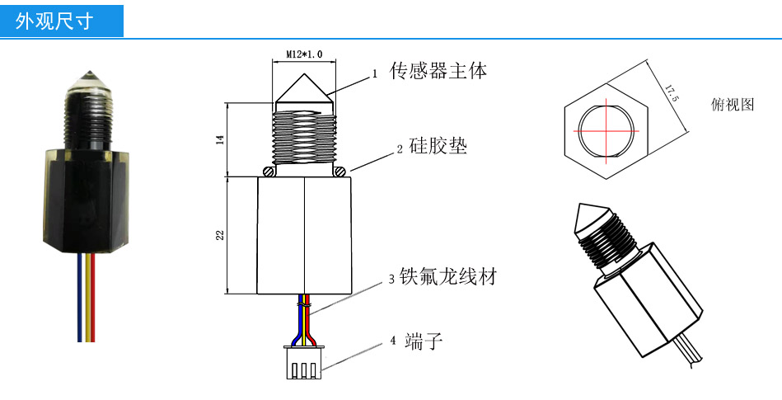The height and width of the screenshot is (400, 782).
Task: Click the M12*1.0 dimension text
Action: coord(303,54)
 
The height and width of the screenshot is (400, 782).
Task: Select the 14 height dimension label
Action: coord(220,139)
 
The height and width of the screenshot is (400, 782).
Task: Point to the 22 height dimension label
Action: coord(220,236)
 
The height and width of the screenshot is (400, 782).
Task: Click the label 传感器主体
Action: coord(438,72)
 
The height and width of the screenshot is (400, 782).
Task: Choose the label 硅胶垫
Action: coord(438,148)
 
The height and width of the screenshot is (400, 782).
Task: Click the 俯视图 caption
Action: coord(732,105)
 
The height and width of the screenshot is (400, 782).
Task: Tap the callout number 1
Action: coord(374,74)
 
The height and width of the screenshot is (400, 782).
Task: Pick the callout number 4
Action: coord(392,341)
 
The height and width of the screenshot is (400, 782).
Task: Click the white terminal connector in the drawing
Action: coord(303,364)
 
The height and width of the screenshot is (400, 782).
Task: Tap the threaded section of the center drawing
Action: coord(303,137)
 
